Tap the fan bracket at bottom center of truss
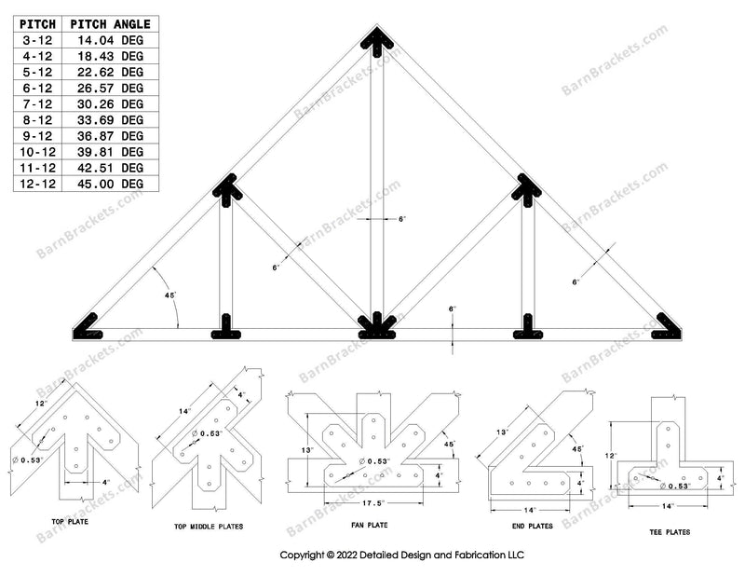pyautogui.click(x=376, y=324)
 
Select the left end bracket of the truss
pyautogui.click(x=89, y=324)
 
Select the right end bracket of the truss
pyautogui.click(x=666, y=324)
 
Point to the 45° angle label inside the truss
pyautogui.click(x=170, y=295)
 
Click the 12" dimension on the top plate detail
pyautogui.click(x=38, y=403)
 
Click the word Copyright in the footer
pyautogui.click(x=303, y=555)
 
